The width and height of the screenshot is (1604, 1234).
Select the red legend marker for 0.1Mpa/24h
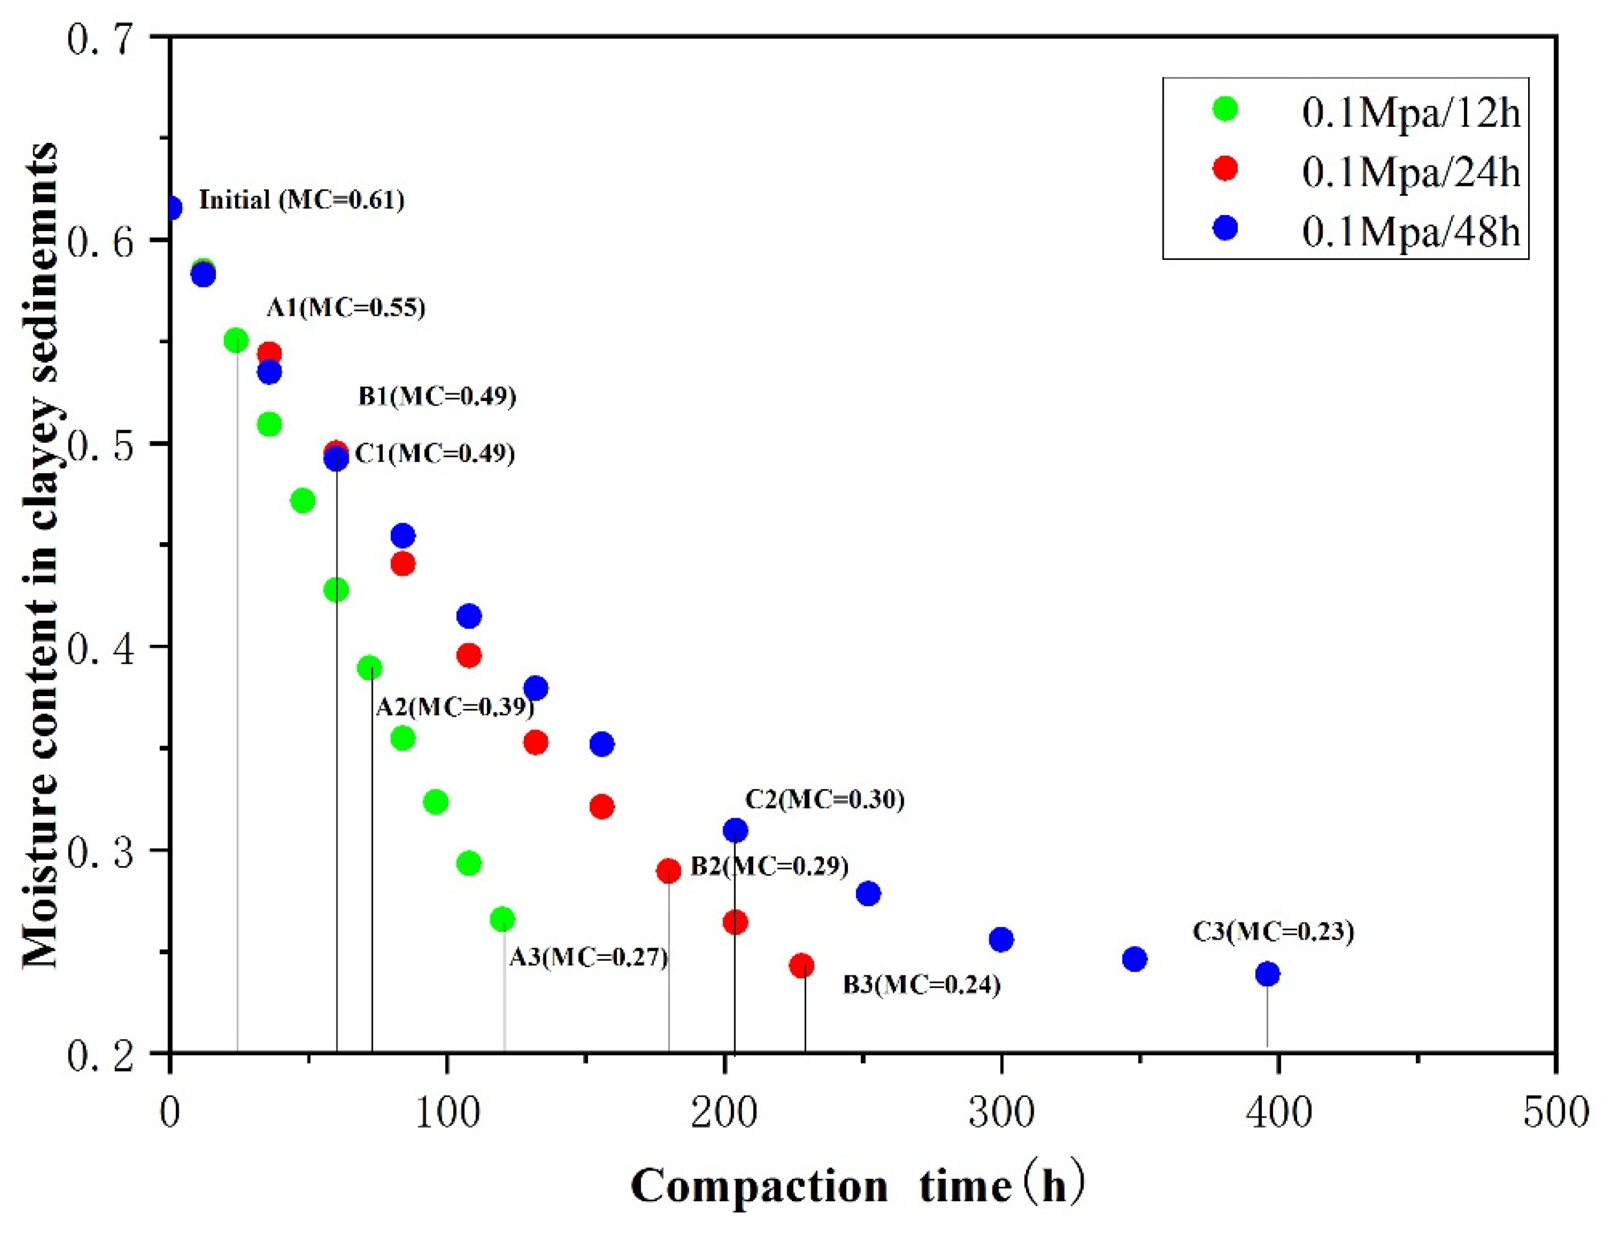[x=1225, y=168]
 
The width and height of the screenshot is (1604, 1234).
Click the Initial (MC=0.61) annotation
[x=302, y=200]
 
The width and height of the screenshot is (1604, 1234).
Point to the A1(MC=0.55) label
[x=346, y=307]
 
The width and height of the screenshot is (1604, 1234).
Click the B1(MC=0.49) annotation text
[x=437, y=396]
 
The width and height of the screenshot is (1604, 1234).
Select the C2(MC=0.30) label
[x=824, y=799]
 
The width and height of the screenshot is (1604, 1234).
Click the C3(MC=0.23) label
[x=1273, y=931]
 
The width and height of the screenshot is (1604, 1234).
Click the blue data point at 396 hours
[x=1268, y=974]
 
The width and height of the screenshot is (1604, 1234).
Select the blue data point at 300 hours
[x=1001, y=939]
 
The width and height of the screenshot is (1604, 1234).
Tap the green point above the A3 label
[x=502, y=919]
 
